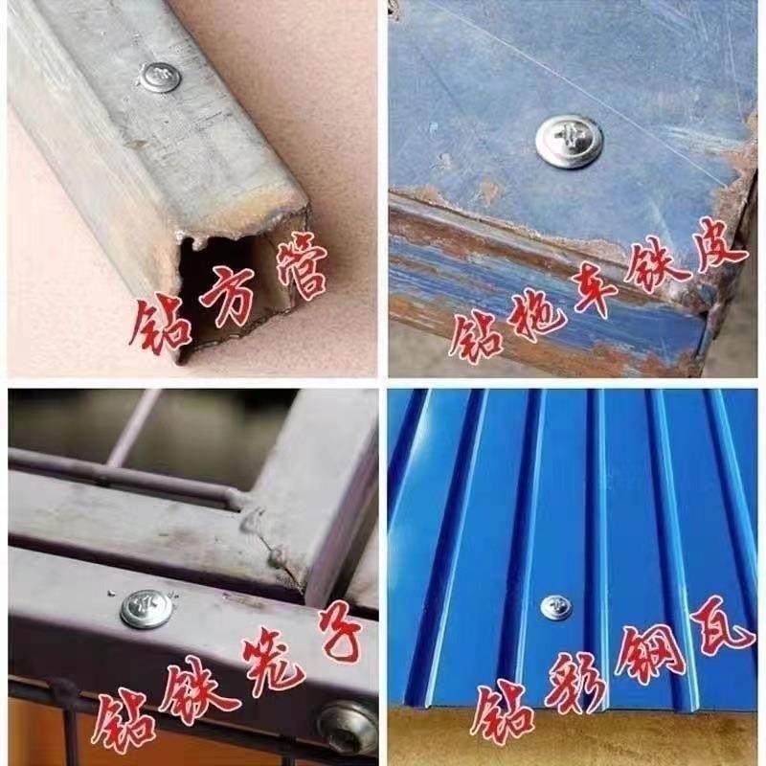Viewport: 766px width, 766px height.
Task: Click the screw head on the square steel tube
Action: (x=159, y=76)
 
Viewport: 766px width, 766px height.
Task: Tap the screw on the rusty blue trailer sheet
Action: (x=569, y=141)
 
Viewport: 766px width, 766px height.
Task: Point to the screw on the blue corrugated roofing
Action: (x=555, y=607)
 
